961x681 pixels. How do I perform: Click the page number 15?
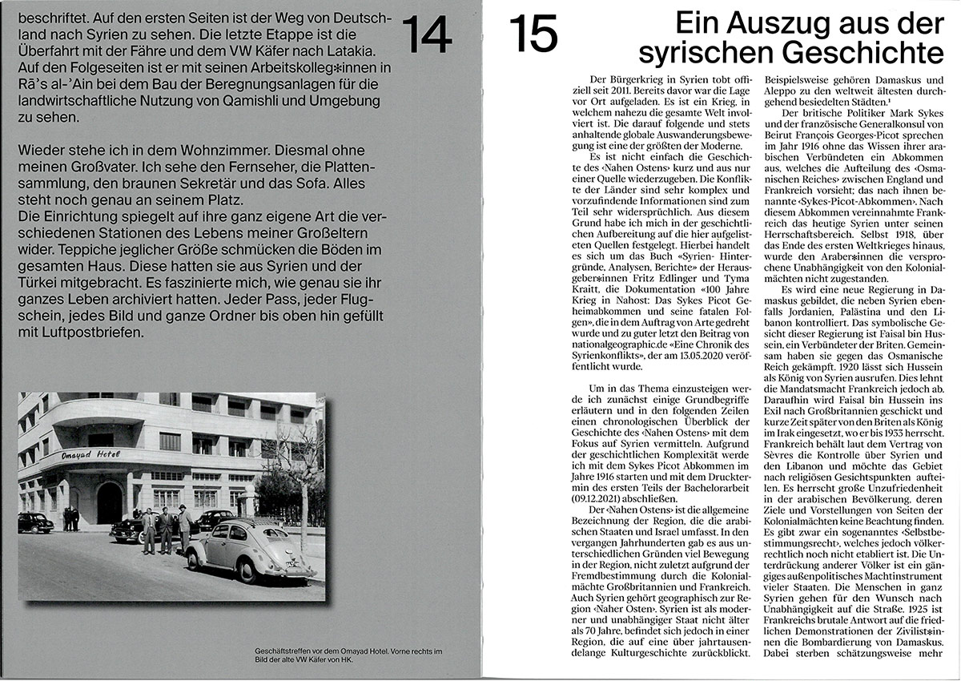click(533, 34)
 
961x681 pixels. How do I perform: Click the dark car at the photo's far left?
click(34, 522)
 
